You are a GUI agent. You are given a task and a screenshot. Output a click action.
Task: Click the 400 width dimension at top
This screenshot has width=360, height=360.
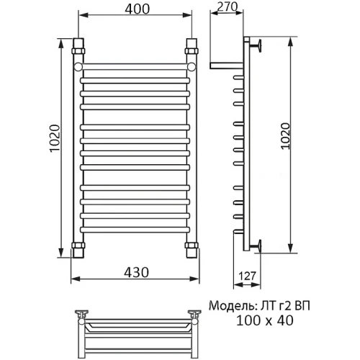tap(137, 9)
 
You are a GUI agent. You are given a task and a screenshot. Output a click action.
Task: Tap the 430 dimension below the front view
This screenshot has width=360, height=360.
tap(136, 272)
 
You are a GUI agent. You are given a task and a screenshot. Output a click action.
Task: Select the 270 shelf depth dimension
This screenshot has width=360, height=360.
tap(228, 6)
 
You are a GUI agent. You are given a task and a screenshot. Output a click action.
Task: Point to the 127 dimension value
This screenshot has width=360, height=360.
tap(248, 276)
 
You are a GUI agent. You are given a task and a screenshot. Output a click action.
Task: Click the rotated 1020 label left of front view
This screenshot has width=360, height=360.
tap(55, 138)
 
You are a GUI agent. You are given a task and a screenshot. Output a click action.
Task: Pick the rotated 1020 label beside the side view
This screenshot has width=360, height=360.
tap(286, 136)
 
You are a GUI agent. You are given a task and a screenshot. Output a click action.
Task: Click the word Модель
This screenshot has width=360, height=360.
tap(230, 306)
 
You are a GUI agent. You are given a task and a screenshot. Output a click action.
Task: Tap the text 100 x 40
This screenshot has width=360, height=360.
tap(265, 320)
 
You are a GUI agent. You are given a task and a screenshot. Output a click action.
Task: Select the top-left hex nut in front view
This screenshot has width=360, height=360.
tap(78, 51)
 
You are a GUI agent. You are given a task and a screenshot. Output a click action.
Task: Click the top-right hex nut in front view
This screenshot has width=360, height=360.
tap(192, 51)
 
